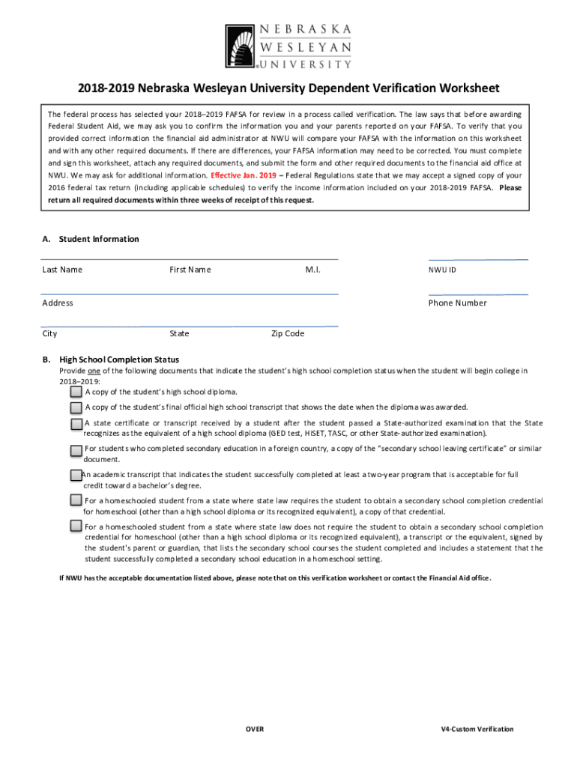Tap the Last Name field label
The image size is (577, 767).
(62, 270)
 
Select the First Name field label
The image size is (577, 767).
(190, 270)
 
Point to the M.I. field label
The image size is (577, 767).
(312, 270)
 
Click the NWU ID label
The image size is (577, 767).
(443, 270)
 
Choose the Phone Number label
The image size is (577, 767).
(457, 303)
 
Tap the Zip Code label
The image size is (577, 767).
(288, 334)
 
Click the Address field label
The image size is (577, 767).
(58, 303)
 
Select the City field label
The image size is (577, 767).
(49, 334)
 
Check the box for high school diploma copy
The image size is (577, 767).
(76, 392)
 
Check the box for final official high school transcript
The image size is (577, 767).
(76, 407)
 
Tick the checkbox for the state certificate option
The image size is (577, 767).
(76, 424)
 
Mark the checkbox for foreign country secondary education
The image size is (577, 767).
(76, 450)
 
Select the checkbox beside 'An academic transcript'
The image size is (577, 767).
(76, 476)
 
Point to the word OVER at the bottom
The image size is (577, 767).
(255, 730)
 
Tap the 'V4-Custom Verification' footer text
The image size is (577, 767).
(477, 730)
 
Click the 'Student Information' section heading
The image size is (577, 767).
(99, 240)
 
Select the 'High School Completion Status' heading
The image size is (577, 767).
(119, 360)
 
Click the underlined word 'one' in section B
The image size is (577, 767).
(94, 371)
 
